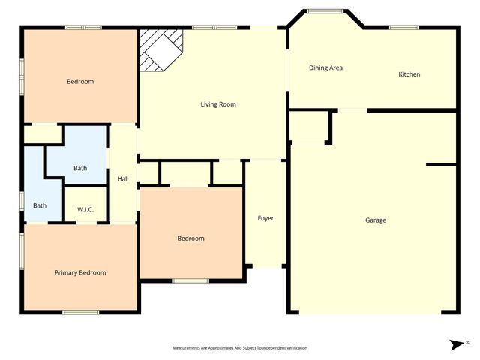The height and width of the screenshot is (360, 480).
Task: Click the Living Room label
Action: (218, 104)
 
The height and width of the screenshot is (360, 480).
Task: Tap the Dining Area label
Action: (325, 67)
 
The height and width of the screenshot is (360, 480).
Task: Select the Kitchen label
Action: (409, 74)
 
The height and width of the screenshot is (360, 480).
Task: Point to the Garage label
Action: (376, 220)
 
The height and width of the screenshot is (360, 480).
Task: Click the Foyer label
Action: (265, 218)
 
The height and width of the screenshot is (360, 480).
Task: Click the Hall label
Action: (123, 178)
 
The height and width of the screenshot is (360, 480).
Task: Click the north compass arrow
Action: (456, 344)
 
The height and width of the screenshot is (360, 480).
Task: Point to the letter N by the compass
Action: (467, 341)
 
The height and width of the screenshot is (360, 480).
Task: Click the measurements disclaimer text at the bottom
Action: (240, 348)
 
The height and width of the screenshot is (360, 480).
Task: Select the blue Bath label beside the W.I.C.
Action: (80, 168)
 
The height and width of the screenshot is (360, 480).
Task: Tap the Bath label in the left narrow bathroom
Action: (40, 205)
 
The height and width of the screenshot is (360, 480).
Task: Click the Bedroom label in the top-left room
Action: (80, 82)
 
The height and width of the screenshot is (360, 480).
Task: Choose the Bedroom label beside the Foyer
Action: (190, 238)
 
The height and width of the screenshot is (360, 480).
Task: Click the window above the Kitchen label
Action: (403, 28)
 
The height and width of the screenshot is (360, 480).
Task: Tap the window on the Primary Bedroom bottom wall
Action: (80, 312)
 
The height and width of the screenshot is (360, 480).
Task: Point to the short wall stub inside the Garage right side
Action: (441, 164)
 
